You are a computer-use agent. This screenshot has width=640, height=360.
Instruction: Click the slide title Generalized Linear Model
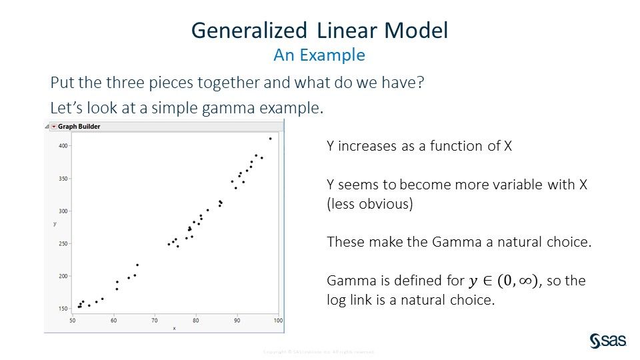(x=319, y=31)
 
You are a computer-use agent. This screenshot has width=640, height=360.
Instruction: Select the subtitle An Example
(x=319, y=55)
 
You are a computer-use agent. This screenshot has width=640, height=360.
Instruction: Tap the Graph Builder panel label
(x=79, y=126)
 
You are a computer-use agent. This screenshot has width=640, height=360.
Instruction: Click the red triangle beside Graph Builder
(x=53, y=126)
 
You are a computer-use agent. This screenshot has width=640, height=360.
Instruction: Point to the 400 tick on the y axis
(x=62, y=145)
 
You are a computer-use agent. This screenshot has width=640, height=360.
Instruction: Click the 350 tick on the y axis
(x=62, y=178)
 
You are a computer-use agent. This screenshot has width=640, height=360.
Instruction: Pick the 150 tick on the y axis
(x=62, y=309)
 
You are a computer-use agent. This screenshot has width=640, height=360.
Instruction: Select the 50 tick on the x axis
(x=73, y=321)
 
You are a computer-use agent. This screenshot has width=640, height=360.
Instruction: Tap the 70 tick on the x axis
(x=155, y=321)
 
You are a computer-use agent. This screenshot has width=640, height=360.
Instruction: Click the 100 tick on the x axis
(x=278, y=321)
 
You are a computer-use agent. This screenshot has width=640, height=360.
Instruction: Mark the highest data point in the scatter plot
(x=270, y=139)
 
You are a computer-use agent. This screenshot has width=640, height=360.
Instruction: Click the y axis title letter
(x=55, y=224)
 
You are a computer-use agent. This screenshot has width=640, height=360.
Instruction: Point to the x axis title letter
(x=175, y=328)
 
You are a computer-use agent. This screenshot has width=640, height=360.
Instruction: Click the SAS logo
(x=607, y=341)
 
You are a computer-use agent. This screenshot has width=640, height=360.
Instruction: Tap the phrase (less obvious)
(x=370, y=204)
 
